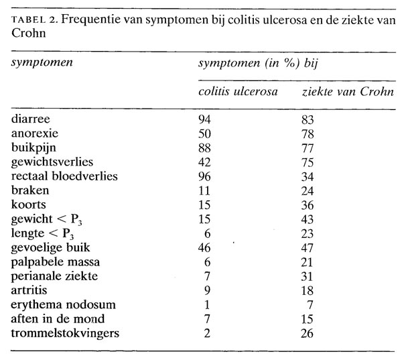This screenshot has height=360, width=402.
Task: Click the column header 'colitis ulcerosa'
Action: [x=239, y=91]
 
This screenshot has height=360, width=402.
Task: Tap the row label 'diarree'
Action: [x=29, y=119]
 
